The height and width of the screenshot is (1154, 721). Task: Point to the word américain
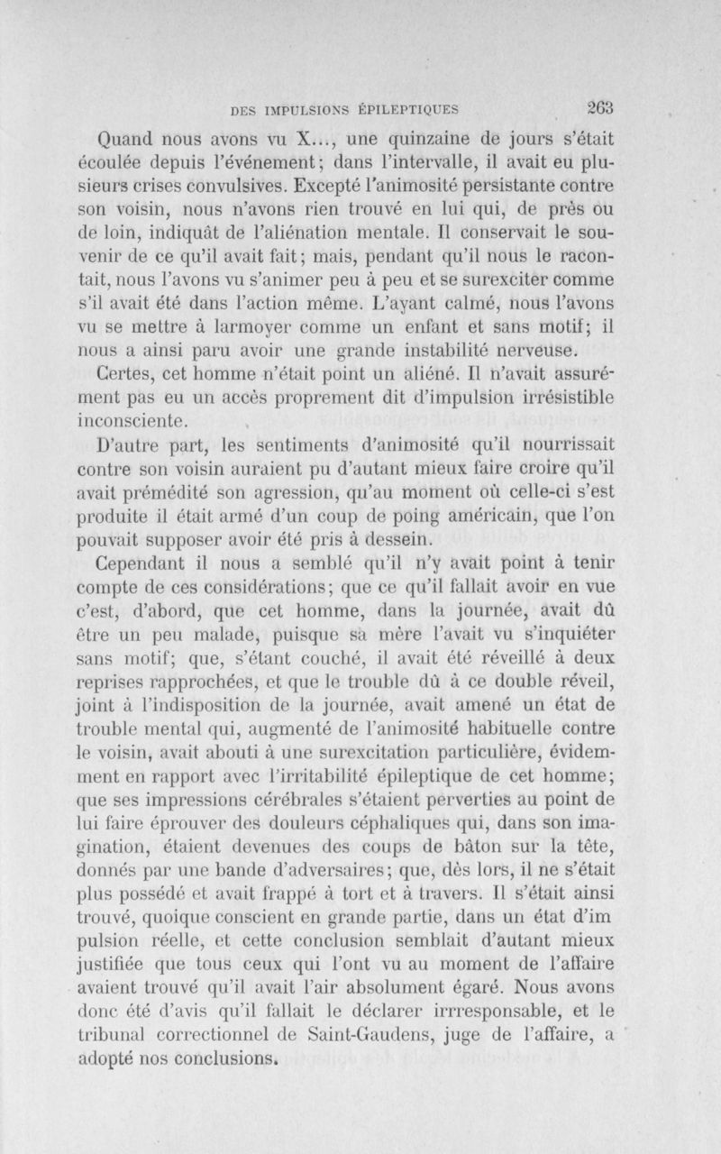(x=473, y=517)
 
